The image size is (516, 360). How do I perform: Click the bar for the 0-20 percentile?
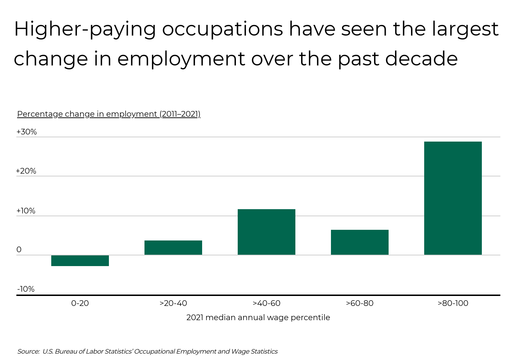pyautogui.click(x=80, y=261)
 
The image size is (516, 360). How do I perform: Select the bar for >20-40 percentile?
pyautogui.click(x=173, y=248)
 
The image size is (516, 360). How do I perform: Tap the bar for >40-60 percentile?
pyautogui.click(x=267, y=232)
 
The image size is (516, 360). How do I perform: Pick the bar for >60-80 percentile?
pyautogui.click(x=360, y=242)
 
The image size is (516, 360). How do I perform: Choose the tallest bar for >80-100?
pyautogui.click(x=453, y=198)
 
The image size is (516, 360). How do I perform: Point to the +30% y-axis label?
pyautogui.click(x=27, y=132)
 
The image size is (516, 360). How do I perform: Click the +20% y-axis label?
pyautogui.click(x=26, y=171)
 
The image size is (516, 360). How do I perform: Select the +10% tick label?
pyautogui.click(x=26, y=211)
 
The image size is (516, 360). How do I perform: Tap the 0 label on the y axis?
pyautogui.click(x=19, y=250)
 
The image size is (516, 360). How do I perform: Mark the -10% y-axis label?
pyautogui.click(x=26, y=289)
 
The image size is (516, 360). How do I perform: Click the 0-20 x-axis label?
pyautogui.click(x=80, y=303)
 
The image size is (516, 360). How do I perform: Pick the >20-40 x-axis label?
pyautogui.click(x=173, y=303)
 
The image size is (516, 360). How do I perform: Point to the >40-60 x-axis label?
pyautogui.click(x=267, y=303)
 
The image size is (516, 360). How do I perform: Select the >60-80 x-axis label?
pyautogui.click(x=360, y=303)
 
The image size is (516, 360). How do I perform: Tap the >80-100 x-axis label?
pyautogui.click(x=453, y=303)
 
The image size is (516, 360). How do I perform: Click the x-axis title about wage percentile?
pyautogui.click(x=258, y=317)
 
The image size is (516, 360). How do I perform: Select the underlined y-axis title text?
pyautogui.click(x=109, y=114)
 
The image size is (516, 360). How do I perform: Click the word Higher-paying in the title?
pyautogui.click(x=85, y=30)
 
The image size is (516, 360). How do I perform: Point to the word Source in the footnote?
pyautogui.click(x=28, y=351)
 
